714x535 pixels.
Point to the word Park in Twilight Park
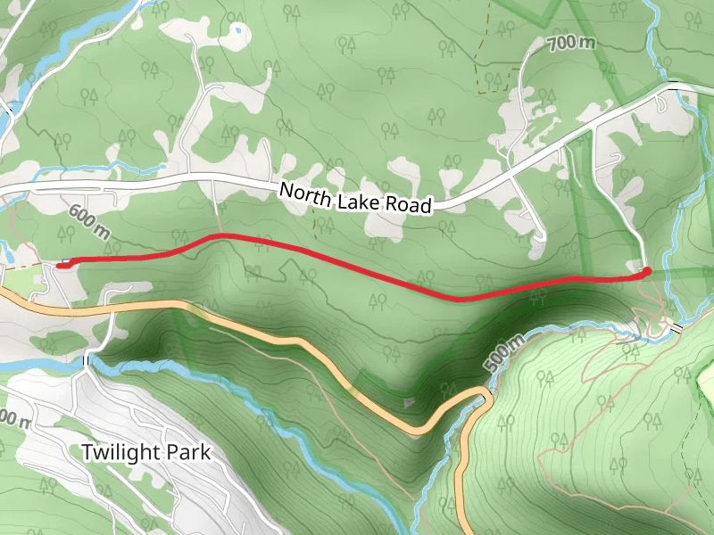coord(188,452)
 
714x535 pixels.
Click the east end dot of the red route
coord(647,270)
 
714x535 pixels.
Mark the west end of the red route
coord(60,263)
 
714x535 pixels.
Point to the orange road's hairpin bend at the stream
coord(483,398)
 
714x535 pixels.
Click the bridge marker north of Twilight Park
coord(87,359)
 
